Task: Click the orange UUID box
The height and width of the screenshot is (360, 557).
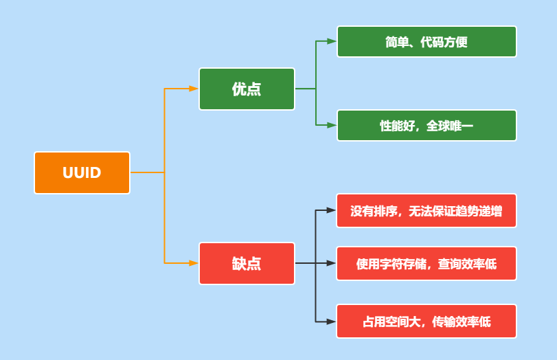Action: (x=82, y=172)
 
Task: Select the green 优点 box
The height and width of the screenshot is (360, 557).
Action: (x=247, y=89)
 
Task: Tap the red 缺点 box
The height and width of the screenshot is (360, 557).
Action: (x=247, y=263)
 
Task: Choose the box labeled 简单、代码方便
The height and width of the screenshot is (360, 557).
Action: (x=427, y=42)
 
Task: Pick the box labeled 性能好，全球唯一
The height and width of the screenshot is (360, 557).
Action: (x=427, y=126)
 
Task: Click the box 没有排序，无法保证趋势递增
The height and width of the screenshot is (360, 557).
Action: (x=427, y=211)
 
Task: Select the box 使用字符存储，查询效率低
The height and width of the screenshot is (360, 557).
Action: (x=427, y=264)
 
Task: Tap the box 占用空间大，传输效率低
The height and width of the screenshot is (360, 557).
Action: (x=427, y=322)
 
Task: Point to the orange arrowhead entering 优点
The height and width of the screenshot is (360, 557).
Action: (x=194, y=89)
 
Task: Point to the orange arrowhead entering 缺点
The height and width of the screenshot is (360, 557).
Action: (x=194, y=263)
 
